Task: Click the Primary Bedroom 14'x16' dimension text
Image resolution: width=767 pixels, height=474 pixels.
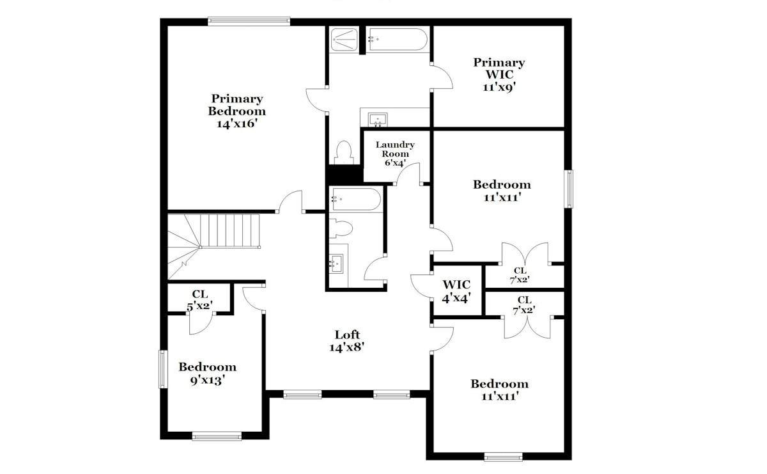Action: coord(237,123)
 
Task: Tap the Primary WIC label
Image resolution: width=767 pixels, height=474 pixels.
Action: coord(499,68)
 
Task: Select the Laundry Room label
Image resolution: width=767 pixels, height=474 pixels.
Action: coord(395,149)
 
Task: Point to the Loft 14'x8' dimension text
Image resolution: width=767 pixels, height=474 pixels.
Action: coord(346,347)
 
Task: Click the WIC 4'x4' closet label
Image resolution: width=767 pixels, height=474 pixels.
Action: coord(457,292)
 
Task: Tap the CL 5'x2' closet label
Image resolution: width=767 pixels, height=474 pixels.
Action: coord(200,300)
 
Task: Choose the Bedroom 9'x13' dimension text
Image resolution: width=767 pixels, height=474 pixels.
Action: coord(207,380)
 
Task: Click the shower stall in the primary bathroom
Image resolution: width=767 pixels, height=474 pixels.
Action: coord(344,40)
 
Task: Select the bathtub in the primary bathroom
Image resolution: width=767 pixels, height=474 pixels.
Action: coord(398,40)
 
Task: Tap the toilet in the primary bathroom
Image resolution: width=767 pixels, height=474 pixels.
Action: coord(344,152)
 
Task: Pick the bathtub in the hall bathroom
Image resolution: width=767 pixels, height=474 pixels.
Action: coord(356,199)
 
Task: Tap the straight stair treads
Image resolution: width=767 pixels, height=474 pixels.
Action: coord(230,231)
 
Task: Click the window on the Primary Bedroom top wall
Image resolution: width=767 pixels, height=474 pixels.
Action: coord(249,22)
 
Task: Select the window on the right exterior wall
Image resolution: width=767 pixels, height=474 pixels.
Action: coord(568,189)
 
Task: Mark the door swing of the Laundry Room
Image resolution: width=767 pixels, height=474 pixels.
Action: coord(408,173)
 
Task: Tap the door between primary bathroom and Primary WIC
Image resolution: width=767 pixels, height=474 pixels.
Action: coord(442,77)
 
